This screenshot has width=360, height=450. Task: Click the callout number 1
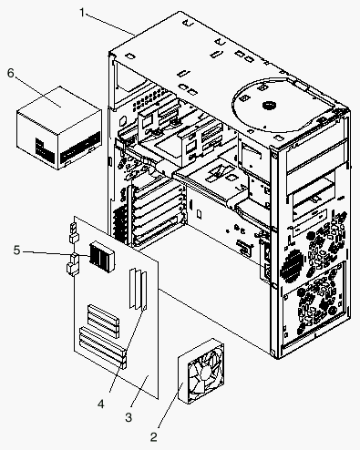coord(82,13)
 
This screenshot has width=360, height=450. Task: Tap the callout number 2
coord(154,437)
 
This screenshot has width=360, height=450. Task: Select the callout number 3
coord(129,417)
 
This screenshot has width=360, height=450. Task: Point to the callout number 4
coord(101,404)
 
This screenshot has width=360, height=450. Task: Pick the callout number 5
coord(16,251)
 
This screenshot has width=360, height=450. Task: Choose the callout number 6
coord(11,73)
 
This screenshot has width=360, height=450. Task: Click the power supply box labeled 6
coord(59,128)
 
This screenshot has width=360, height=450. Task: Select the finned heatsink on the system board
coord(101,256)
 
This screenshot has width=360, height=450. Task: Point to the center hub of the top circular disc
coord(269,106)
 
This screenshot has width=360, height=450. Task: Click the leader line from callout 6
coord(37,92)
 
